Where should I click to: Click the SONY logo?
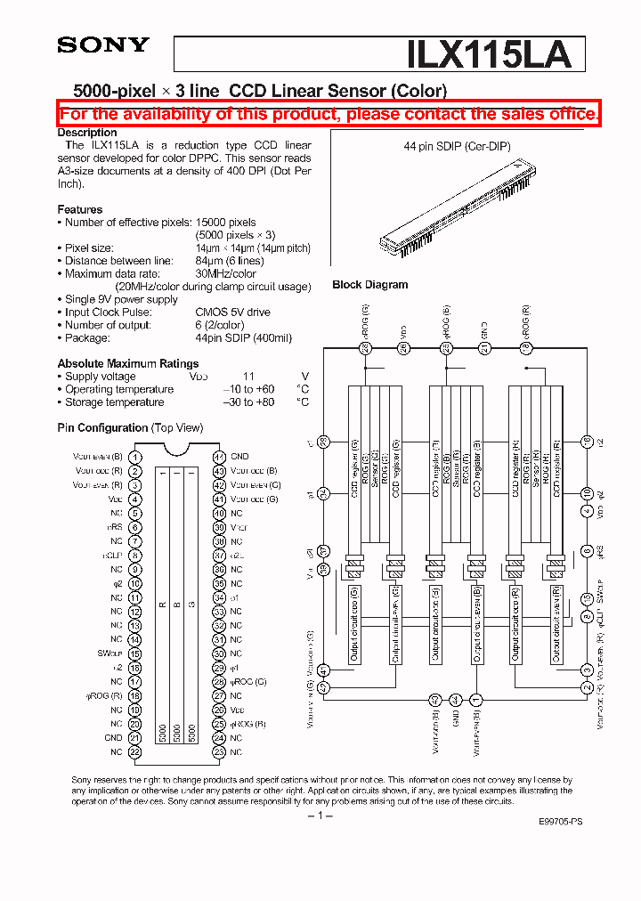(103, 45)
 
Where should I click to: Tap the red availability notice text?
(329, 114)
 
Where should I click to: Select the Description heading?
(87, 133)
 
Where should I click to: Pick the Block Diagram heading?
(369, 285)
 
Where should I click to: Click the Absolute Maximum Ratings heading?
(128, 363)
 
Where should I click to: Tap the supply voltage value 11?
(248, 377)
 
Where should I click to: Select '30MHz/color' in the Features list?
(226, 274)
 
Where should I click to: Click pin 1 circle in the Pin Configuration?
(134, 457)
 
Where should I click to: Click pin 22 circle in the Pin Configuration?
(134, 752)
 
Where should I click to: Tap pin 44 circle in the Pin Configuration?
(219, 457)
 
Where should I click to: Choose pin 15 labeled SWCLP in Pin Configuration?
(134, 653)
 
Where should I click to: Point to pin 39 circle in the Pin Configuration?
(219, 527)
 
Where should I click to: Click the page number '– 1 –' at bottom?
(320, 816)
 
